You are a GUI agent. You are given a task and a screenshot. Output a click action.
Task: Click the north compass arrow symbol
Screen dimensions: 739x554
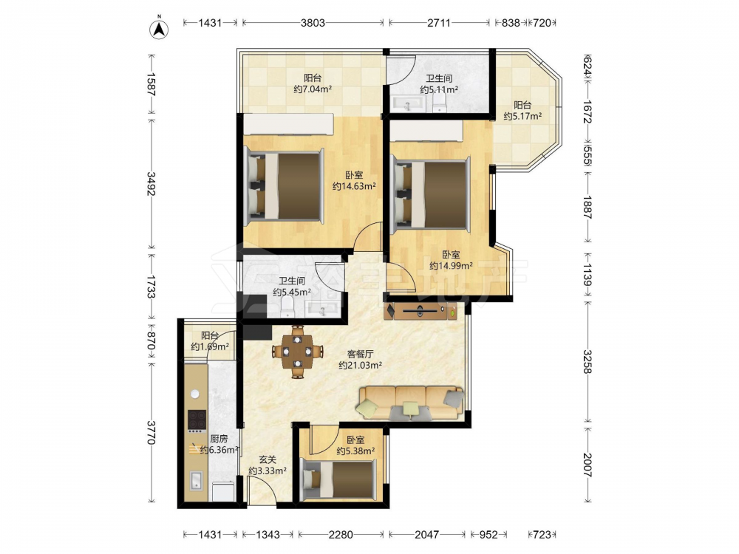click(x=160, y=30)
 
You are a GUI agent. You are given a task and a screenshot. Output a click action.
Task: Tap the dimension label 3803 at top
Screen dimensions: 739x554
click(x=313, y=22)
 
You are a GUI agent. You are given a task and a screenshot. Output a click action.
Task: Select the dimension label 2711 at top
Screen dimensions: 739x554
click(x=439, y=22)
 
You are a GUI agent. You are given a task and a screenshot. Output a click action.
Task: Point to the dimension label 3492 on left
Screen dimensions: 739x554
click(x=151, y=183)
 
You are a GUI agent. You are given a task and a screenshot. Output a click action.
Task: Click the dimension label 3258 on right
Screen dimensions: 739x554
click(x=588, y=361)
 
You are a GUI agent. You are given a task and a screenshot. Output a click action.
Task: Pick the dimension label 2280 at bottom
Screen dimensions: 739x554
click(x=340, y=534)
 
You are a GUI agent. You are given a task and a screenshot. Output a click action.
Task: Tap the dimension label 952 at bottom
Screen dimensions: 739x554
click(x=488, y=534)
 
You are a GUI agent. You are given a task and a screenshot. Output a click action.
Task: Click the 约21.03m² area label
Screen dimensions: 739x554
click(x=360, y=365)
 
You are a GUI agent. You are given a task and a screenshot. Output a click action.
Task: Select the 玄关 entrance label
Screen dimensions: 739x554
click(x=268, y=459)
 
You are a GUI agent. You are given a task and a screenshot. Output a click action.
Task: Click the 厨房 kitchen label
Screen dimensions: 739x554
click(x=219, y=439)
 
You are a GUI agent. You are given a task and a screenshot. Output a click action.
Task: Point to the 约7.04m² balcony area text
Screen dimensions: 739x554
click(x=313, y=89)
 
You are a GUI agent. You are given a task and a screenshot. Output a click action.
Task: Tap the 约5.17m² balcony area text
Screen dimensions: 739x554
click(x=522, y=116)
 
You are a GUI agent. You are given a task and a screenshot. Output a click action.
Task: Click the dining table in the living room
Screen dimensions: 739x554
click(x=297, y=352)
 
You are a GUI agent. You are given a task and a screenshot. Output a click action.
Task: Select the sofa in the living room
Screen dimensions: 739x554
click(x=411, y=403)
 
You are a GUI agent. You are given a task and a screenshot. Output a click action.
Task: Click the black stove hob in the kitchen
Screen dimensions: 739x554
click(x=197, y=421)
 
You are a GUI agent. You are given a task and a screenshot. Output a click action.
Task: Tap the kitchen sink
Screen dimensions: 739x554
click(x=196, y=481)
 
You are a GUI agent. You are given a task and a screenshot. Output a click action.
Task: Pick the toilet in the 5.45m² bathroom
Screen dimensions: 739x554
click(x=287, y=308)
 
